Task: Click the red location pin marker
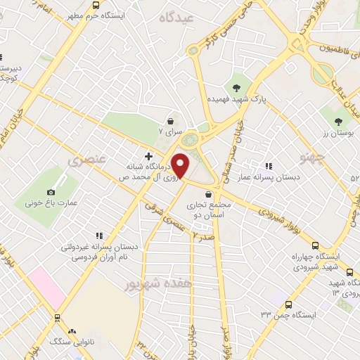[181, 165]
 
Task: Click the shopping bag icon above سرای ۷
[170, 120]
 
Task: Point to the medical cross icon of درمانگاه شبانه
[148, 155]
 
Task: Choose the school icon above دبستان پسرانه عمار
[268, 166]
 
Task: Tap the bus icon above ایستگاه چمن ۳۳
[288, 304]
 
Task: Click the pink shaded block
[44, 288]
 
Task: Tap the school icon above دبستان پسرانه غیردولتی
[99, 236]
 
